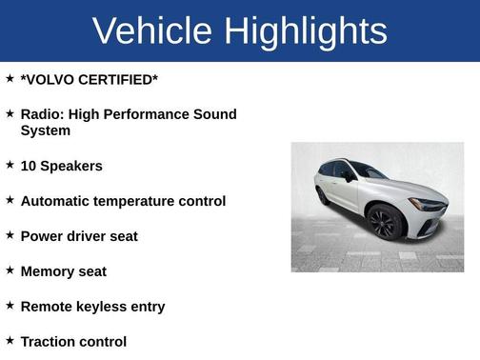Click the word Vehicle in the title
tap(153, 30)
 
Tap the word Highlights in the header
tap(306, 31)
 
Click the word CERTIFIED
tap(120, 80)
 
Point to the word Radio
tap(42, 114)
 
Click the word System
tap(46, 130)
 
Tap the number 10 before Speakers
tap(29, 166)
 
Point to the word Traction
tap(49, 341)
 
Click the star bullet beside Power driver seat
tap(10, 234)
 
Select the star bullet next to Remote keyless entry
tap(10, 305)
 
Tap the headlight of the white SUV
tap(429, 205)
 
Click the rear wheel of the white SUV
tap(323, 195)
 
